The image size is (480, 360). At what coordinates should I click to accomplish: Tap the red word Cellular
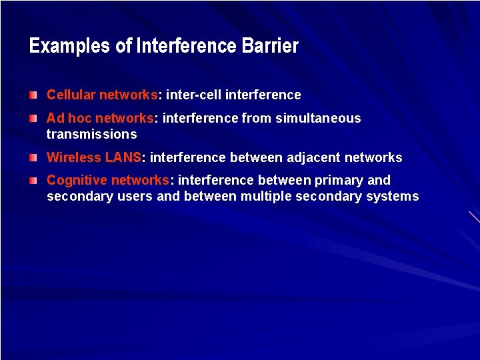coord(71,95)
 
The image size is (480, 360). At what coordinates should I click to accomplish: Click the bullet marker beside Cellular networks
coord(33,95)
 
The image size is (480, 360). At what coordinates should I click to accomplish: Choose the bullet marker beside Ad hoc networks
coord(33,118)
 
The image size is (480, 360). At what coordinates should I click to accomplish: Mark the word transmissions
coord(91,134)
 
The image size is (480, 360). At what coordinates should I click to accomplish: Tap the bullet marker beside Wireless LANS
coord(33,158)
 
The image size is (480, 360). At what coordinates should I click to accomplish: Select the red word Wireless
coord(73,158)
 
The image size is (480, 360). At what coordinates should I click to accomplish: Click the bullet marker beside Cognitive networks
coord(33,181)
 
